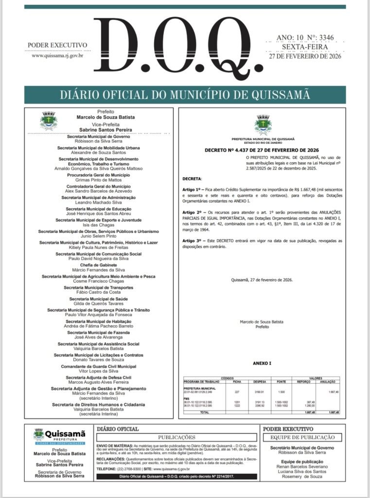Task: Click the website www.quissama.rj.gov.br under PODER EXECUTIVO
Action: pos(57,55)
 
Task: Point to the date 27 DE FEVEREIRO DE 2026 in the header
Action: pos(305,55)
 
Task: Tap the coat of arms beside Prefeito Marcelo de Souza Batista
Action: pos(48,120)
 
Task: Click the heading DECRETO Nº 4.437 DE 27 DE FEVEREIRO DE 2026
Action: pos(262,150)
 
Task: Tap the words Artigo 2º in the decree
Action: pos(191,213)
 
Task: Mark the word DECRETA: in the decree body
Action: pos(192,179)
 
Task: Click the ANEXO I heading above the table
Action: pos(262,363)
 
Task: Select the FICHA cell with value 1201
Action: pos(237,402)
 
